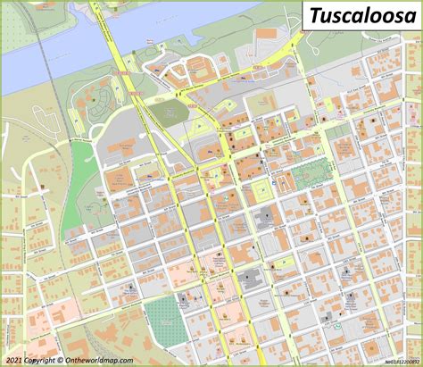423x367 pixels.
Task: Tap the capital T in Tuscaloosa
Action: [x=312, y=15]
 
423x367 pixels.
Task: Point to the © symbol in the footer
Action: [x=60, y=361]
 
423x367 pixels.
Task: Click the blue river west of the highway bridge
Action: [x=45, y=67]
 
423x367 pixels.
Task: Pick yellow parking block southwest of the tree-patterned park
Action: [x=262, y=189]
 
